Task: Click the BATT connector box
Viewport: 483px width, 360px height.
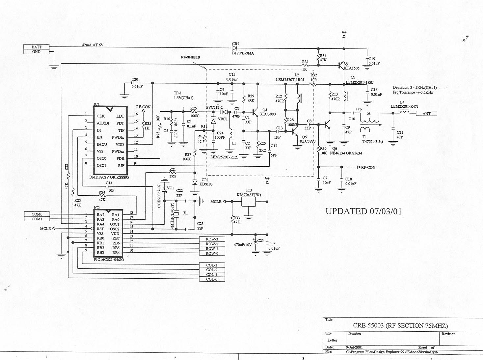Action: (37, 47)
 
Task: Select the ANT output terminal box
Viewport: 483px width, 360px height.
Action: (426, 114)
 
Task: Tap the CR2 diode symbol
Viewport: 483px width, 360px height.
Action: (235, 48)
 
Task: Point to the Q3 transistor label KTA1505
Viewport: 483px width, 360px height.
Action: (352, 69)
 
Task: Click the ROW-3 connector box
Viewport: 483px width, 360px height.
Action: (212, 239)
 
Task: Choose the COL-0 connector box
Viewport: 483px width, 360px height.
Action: (212, 279)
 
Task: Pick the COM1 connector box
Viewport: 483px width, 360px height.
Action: (37, 219)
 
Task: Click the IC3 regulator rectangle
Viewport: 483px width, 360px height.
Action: (248, 202)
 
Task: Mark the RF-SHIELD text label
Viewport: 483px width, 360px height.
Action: (190, 57)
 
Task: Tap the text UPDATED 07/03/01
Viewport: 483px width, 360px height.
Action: (363, 211)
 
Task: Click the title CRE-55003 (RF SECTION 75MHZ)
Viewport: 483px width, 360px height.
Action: (400, 326)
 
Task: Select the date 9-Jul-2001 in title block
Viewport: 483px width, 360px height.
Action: (354, 347)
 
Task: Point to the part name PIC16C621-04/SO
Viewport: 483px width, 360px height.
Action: (109, 260)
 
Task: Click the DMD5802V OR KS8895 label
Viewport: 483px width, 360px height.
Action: (109, 177)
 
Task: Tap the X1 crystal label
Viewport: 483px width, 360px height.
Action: (185, 213)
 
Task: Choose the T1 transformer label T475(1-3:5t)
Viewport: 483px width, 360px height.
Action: (372, 142)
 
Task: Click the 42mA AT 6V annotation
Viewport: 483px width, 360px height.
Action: (93, 45)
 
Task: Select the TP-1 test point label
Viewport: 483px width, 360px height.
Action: (177, 93)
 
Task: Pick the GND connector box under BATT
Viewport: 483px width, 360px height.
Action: (37, 52)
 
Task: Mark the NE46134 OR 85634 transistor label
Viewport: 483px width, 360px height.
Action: (346, 153)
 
